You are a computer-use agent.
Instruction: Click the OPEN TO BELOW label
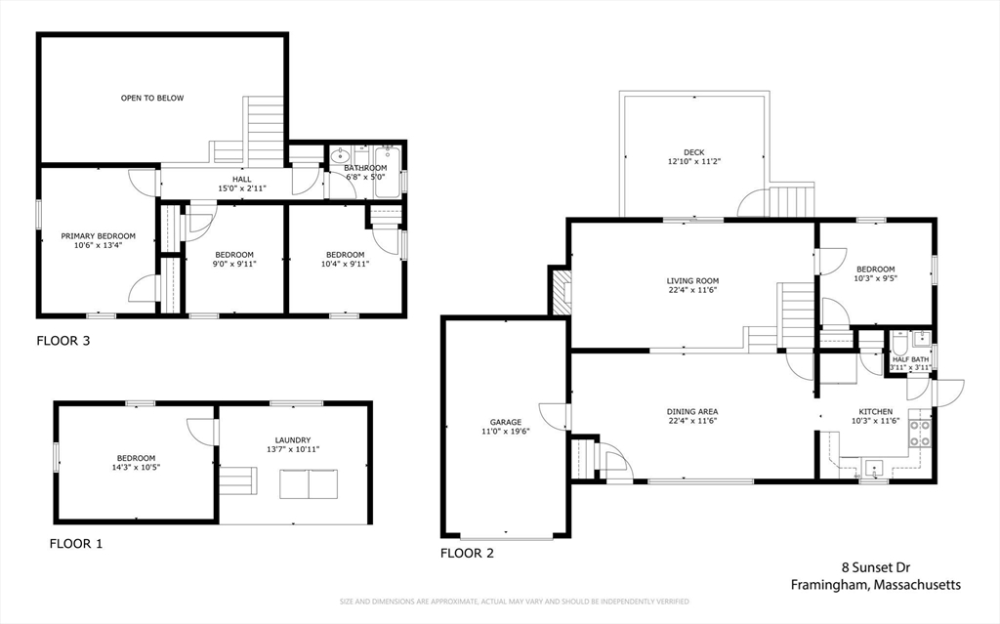[152, 99]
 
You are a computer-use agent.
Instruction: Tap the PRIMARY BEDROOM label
[99, 236]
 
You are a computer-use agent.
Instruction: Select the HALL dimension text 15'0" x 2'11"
[242, 188]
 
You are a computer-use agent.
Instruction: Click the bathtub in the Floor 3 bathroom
[387, 172]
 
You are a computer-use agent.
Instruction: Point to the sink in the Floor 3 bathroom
[341, 155]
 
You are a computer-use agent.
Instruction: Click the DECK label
[694, 152]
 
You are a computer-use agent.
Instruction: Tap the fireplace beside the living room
[561, 292]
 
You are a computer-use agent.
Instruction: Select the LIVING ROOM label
[692, 280]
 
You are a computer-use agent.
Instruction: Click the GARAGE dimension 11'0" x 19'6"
[506, 431]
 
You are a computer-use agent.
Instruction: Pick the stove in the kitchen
[920, 434]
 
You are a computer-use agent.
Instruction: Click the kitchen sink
[874, 468]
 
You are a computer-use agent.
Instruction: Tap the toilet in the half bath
[899, 344]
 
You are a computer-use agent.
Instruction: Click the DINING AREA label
[692, 412]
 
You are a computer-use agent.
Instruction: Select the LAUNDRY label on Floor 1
[293, 440]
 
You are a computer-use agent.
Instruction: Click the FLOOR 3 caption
[63, 341]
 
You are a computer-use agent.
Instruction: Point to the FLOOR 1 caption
[76, 544]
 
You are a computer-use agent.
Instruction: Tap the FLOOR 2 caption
[467, 553]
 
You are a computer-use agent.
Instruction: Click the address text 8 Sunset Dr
[876, 567]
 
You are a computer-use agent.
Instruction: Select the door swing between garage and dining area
[553, 417]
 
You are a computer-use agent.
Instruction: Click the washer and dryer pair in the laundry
[309, 484]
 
